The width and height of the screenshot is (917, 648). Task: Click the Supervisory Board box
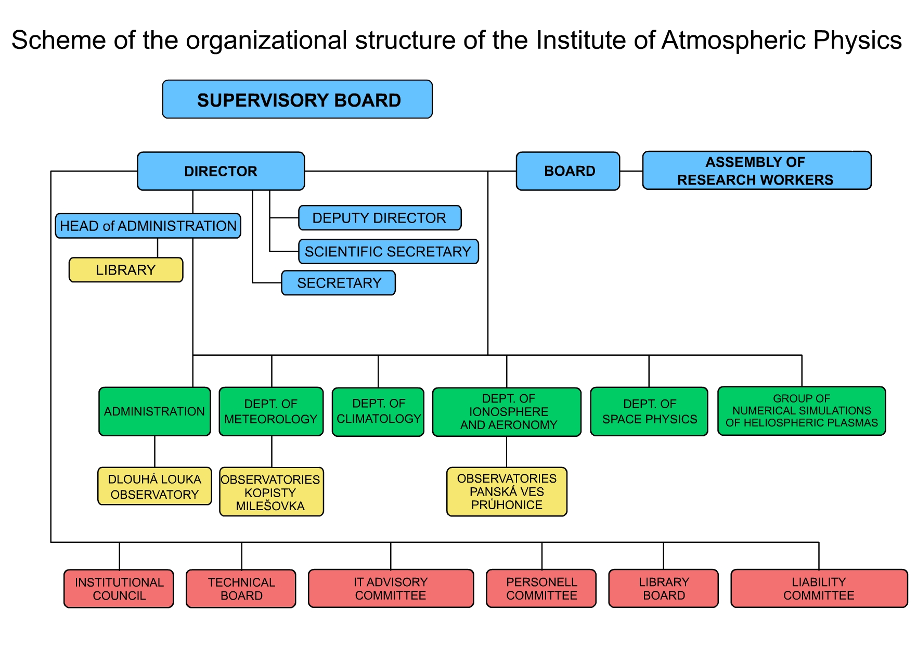coord(297,99)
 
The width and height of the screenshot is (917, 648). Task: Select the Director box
coord(221,171)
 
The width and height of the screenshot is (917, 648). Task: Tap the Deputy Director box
coord(380,218)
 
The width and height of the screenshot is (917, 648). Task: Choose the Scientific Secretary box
coord(388,252)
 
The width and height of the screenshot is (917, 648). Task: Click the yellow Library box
coord(126,270)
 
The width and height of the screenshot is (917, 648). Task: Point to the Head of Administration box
coord(148,226)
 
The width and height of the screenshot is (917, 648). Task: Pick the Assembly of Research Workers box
coord(756,171)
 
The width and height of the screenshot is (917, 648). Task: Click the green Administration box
coord(154,411)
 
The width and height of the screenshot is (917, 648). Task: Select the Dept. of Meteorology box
coord(271,411)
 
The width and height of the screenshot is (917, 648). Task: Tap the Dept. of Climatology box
coord(378,412)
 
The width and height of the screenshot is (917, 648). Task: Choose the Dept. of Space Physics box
coord(649,411)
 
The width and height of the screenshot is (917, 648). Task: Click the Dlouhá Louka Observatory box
coord(154,486)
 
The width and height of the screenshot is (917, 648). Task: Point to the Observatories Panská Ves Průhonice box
coord(507,491)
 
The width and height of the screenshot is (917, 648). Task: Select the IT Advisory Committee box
coord(391,588)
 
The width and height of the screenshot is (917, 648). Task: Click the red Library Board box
coord(663,588)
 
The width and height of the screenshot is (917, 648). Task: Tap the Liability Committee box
coord(819,588)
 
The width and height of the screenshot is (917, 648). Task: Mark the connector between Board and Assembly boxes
coord(631,171)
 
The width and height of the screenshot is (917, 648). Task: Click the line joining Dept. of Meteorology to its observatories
coord(272,451)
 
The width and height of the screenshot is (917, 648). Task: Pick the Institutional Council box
coord(119,588)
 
